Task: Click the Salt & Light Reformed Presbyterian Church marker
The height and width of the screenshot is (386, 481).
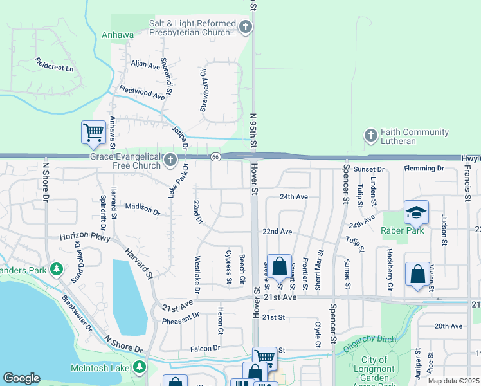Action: (x=245, y=27)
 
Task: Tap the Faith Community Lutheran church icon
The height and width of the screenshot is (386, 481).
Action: (x=370, y=136)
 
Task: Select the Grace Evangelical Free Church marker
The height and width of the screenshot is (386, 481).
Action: (x=170, y=160)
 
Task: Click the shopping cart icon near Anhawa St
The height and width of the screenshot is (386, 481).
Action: (x=93, y=133)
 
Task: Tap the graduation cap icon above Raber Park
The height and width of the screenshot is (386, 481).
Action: (x=416, y=212)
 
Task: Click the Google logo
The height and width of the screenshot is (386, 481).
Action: (x=21, y=378)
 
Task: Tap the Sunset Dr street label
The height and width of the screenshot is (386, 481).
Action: (x=369, y=169)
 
